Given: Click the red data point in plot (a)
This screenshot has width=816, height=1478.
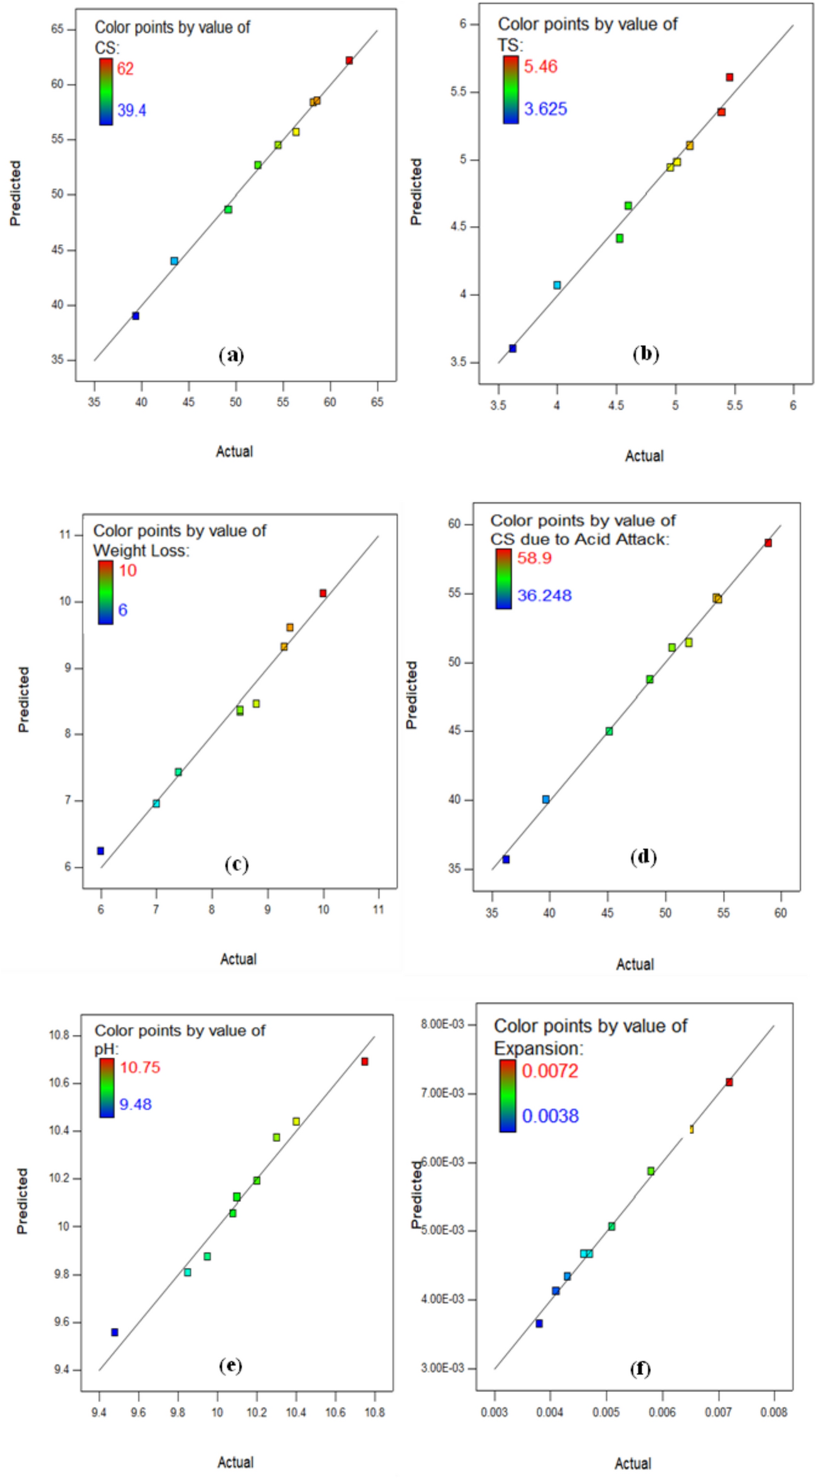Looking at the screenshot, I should tap(349, 60).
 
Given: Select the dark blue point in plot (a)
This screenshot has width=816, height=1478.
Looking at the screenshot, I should tap(136, 316).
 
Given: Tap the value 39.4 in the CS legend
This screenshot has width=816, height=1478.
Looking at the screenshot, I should tap(132, 111).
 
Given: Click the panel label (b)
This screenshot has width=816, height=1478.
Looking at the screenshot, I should tap(645, 354).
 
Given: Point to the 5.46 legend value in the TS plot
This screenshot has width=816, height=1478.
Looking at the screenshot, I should tap(540, 67).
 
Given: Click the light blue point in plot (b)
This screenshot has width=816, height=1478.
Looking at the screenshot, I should tap(557, 285).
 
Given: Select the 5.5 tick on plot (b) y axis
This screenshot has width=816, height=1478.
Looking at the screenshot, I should tap(464, 92).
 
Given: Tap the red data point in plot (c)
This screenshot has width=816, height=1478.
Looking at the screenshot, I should tap(323, 593).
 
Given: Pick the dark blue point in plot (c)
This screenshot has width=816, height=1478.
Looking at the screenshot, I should tap(100, 851).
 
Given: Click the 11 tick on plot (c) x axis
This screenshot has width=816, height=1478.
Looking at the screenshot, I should tap(378, 910).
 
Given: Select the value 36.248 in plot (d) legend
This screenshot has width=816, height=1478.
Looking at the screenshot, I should tap(544, 595).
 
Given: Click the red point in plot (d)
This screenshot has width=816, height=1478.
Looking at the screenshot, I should tap(768, 543).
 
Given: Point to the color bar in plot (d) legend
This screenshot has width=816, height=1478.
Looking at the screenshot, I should tap(503, 578).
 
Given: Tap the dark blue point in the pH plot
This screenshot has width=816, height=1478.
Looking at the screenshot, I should tap(115, 1332).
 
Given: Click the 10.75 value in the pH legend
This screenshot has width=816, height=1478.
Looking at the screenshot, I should tap(140, 1067).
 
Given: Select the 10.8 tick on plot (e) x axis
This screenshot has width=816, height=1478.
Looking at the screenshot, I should tap(375, 1413).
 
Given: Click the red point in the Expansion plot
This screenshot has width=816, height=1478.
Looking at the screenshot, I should tap(729, 1082).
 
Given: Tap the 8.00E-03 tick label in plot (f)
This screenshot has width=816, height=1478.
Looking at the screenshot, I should tap(443, 1024).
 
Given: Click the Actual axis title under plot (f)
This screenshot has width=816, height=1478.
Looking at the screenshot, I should tap(633, 1464).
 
